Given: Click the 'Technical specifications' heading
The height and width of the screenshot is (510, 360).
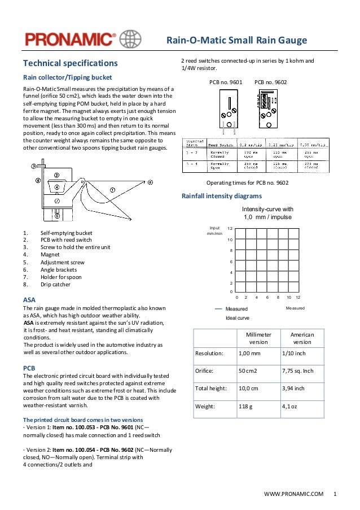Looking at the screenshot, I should pyautogui.click(x=70, y=63).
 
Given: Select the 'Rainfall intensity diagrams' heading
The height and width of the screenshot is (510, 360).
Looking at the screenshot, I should pyautogui.click(x=221, y=196).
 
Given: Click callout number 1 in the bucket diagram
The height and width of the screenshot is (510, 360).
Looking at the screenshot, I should pyautogui.click(x=112, y=190).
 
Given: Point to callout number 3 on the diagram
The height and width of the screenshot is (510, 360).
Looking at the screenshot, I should pyautogui.click(x=34, y=166).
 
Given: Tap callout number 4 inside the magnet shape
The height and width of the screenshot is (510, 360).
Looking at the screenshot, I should pyautogui.click(x=56, y=187).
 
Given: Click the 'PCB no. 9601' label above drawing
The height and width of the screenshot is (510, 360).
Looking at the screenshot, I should pyautogui.click(x=226, y=82).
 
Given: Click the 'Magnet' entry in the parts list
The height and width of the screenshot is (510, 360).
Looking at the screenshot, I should pyautogui.click(x=49, y=255).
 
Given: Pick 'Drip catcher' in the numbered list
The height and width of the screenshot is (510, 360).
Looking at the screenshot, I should pyautogui.click(x=55, y=284).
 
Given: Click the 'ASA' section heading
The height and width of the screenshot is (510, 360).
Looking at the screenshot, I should pyautogui.click(x=29, y=299).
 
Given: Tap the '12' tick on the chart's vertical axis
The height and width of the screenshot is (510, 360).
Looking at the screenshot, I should pyautogui.click(x=230, y=228).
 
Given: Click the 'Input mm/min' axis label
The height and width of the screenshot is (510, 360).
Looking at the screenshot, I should pyautogui.click(x=214, y=230).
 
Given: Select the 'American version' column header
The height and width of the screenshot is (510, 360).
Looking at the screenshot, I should pyautogui.click(x=302, y=338).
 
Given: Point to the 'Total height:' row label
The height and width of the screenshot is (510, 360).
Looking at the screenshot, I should pyautogui.click(x=211, y=388).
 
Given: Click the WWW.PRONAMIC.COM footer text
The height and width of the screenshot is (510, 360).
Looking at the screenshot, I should pyautogui.click(x=293, y=494).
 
